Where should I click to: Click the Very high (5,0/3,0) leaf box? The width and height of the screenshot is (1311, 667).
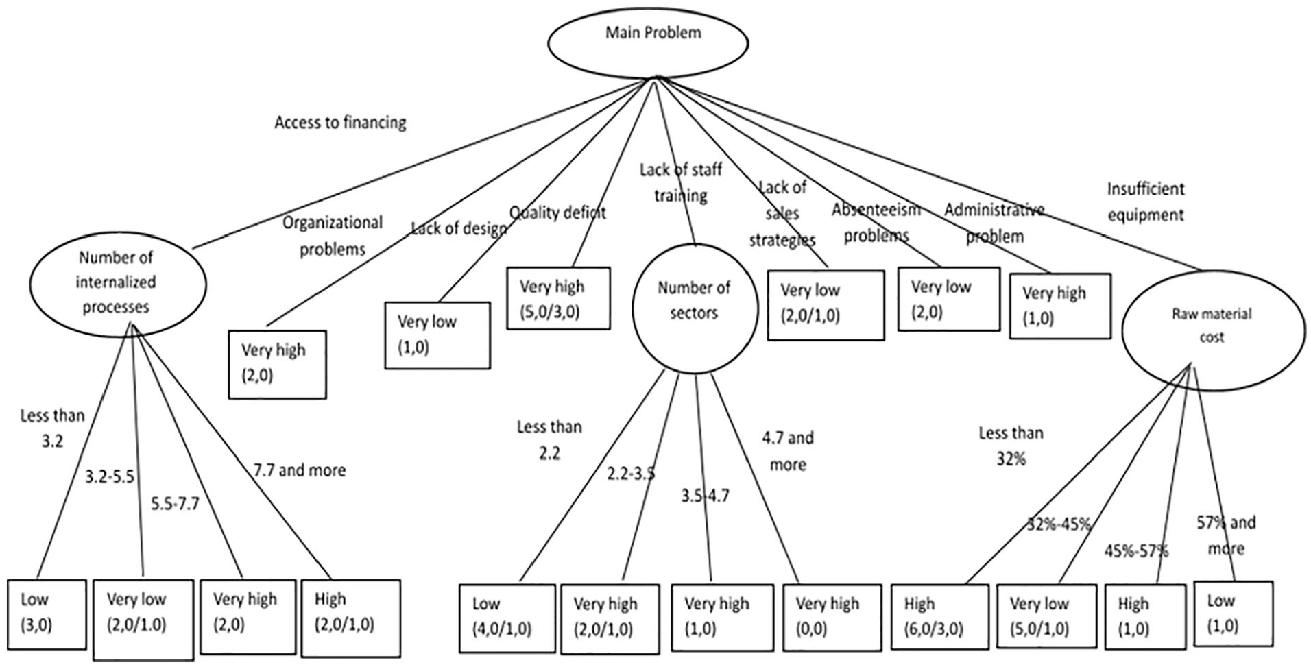[558, 298]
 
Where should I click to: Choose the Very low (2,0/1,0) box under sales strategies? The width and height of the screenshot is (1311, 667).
[826, 305]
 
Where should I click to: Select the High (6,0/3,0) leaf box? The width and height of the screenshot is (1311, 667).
[939, 616]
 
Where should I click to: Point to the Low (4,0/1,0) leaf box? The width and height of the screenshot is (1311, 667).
[507, 617]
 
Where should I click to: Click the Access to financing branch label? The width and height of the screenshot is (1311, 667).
[340, 123]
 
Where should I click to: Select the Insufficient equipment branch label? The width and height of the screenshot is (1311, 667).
[1146, 202]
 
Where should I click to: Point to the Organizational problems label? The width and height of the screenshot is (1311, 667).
[333, 236]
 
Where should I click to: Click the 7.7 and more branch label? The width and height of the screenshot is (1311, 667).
[300, 470]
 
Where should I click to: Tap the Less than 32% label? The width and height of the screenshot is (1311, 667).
[1011, 446]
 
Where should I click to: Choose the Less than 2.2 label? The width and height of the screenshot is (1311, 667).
[549, 440]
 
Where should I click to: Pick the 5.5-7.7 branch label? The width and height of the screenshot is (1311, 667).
[175, 504]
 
